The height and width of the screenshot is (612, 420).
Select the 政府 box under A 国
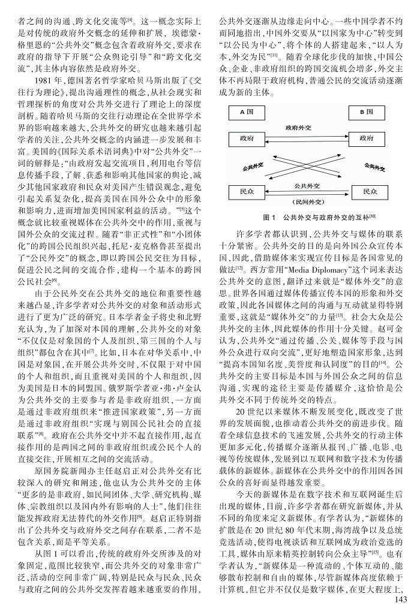pyautogui.click(x=247, y=138)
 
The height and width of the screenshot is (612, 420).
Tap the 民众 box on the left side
pyautogui.click(x=247, y=192)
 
